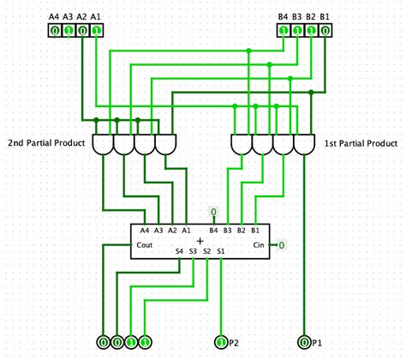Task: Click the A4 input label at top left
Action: tap(54, 17)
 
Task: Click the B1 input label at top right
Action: tap(325, 17)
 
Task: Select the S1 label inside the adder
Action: tap(221, 251)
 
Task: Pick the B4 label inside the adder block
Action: tap(214, 231)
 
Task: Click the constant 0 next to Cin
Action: tap(280, 245)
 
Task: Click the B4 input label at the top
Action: tap(284, 17)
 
